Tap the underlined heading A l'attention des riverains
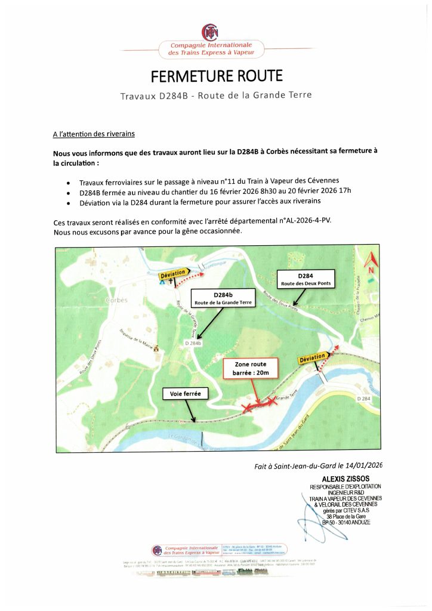click(94, 134)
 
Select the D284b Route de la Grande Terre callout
click(222, 298)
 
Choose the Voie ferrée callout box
click(185, 394)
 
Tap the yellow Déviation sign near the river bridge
click(312, 358)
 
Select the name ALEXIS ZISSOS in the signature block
click(345, 479)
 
